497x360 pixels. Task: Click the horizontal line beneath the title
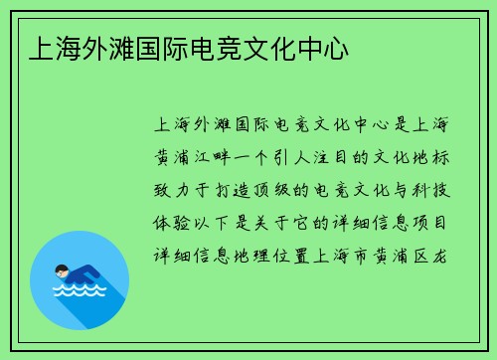pyautogui.click(x=248, y=76)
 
